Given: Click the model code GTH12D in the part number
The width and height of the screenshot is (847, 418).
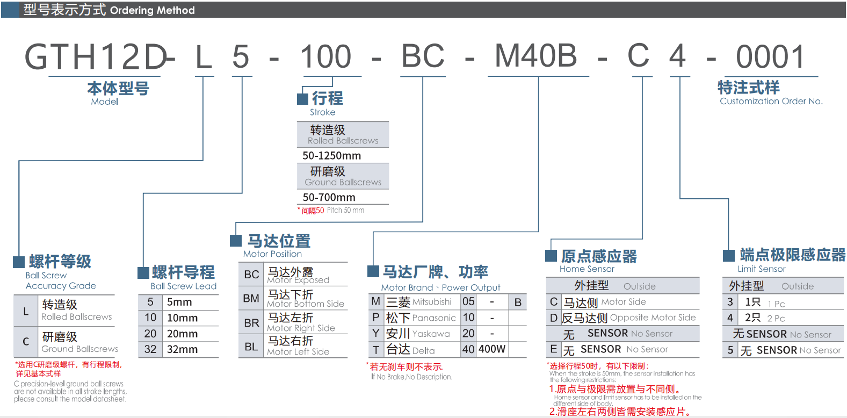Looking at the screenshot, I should [x=96, y=57].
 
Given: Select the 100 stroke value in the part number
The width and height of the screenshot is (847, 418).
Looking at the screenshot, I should [x=325, y=57].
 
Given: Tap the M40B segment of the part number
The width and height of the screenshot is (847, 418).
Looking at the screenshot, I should [x=535, y=56].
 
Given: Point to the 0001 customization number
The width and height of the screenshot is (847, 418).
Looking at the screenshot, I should [x=770, y=57].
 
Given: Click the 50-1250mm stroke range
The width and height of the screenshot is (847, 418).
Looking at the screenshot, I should [x=331, y=156].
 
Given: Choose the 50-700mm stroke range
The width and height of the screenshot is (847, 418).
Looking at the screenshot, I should [x=329, y=197].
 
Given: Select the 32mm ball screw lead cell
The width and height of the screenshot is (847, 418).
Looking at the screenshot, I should [x=182, y=349].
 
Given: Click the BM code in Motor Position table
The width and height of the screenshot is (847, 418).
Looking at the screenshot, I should [x=251, y=298].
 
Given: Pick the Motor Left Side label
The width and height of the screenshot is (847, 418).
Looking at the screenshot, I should [x=298, y=352].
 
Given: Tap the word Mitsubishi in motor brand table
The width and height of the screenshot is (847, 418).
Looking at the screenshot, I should [x=432, y=302].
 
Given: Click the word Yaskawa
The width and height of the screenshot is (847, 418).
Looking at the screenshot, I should [x=431, y=334].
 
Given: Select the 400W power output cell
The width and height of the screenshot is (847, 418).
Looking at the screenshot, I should [x=492, y=349].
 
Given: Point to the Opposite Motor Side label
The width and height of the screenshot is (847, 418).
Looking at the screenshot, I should [x=653, y=318].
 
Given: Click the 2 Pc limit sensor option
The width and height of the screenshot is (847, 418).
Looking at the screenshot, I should [x=776, y=318].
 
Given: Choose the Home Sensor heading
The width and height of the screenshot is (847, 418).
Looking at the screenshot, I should [x=587, y=269].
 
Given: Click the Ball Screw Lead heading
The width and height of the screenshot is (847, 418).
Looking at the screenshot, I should [x=183, y=286].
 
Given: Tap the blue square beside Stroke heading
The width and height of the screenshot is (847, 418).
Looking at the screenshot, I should [x=302, y=99].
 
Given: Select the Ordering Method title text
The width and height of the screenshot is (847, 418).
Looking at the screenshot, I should [x=152, y=10].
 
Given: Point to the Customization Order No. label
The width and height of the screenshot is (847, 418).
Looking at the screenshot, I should [x=771, y=101].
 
